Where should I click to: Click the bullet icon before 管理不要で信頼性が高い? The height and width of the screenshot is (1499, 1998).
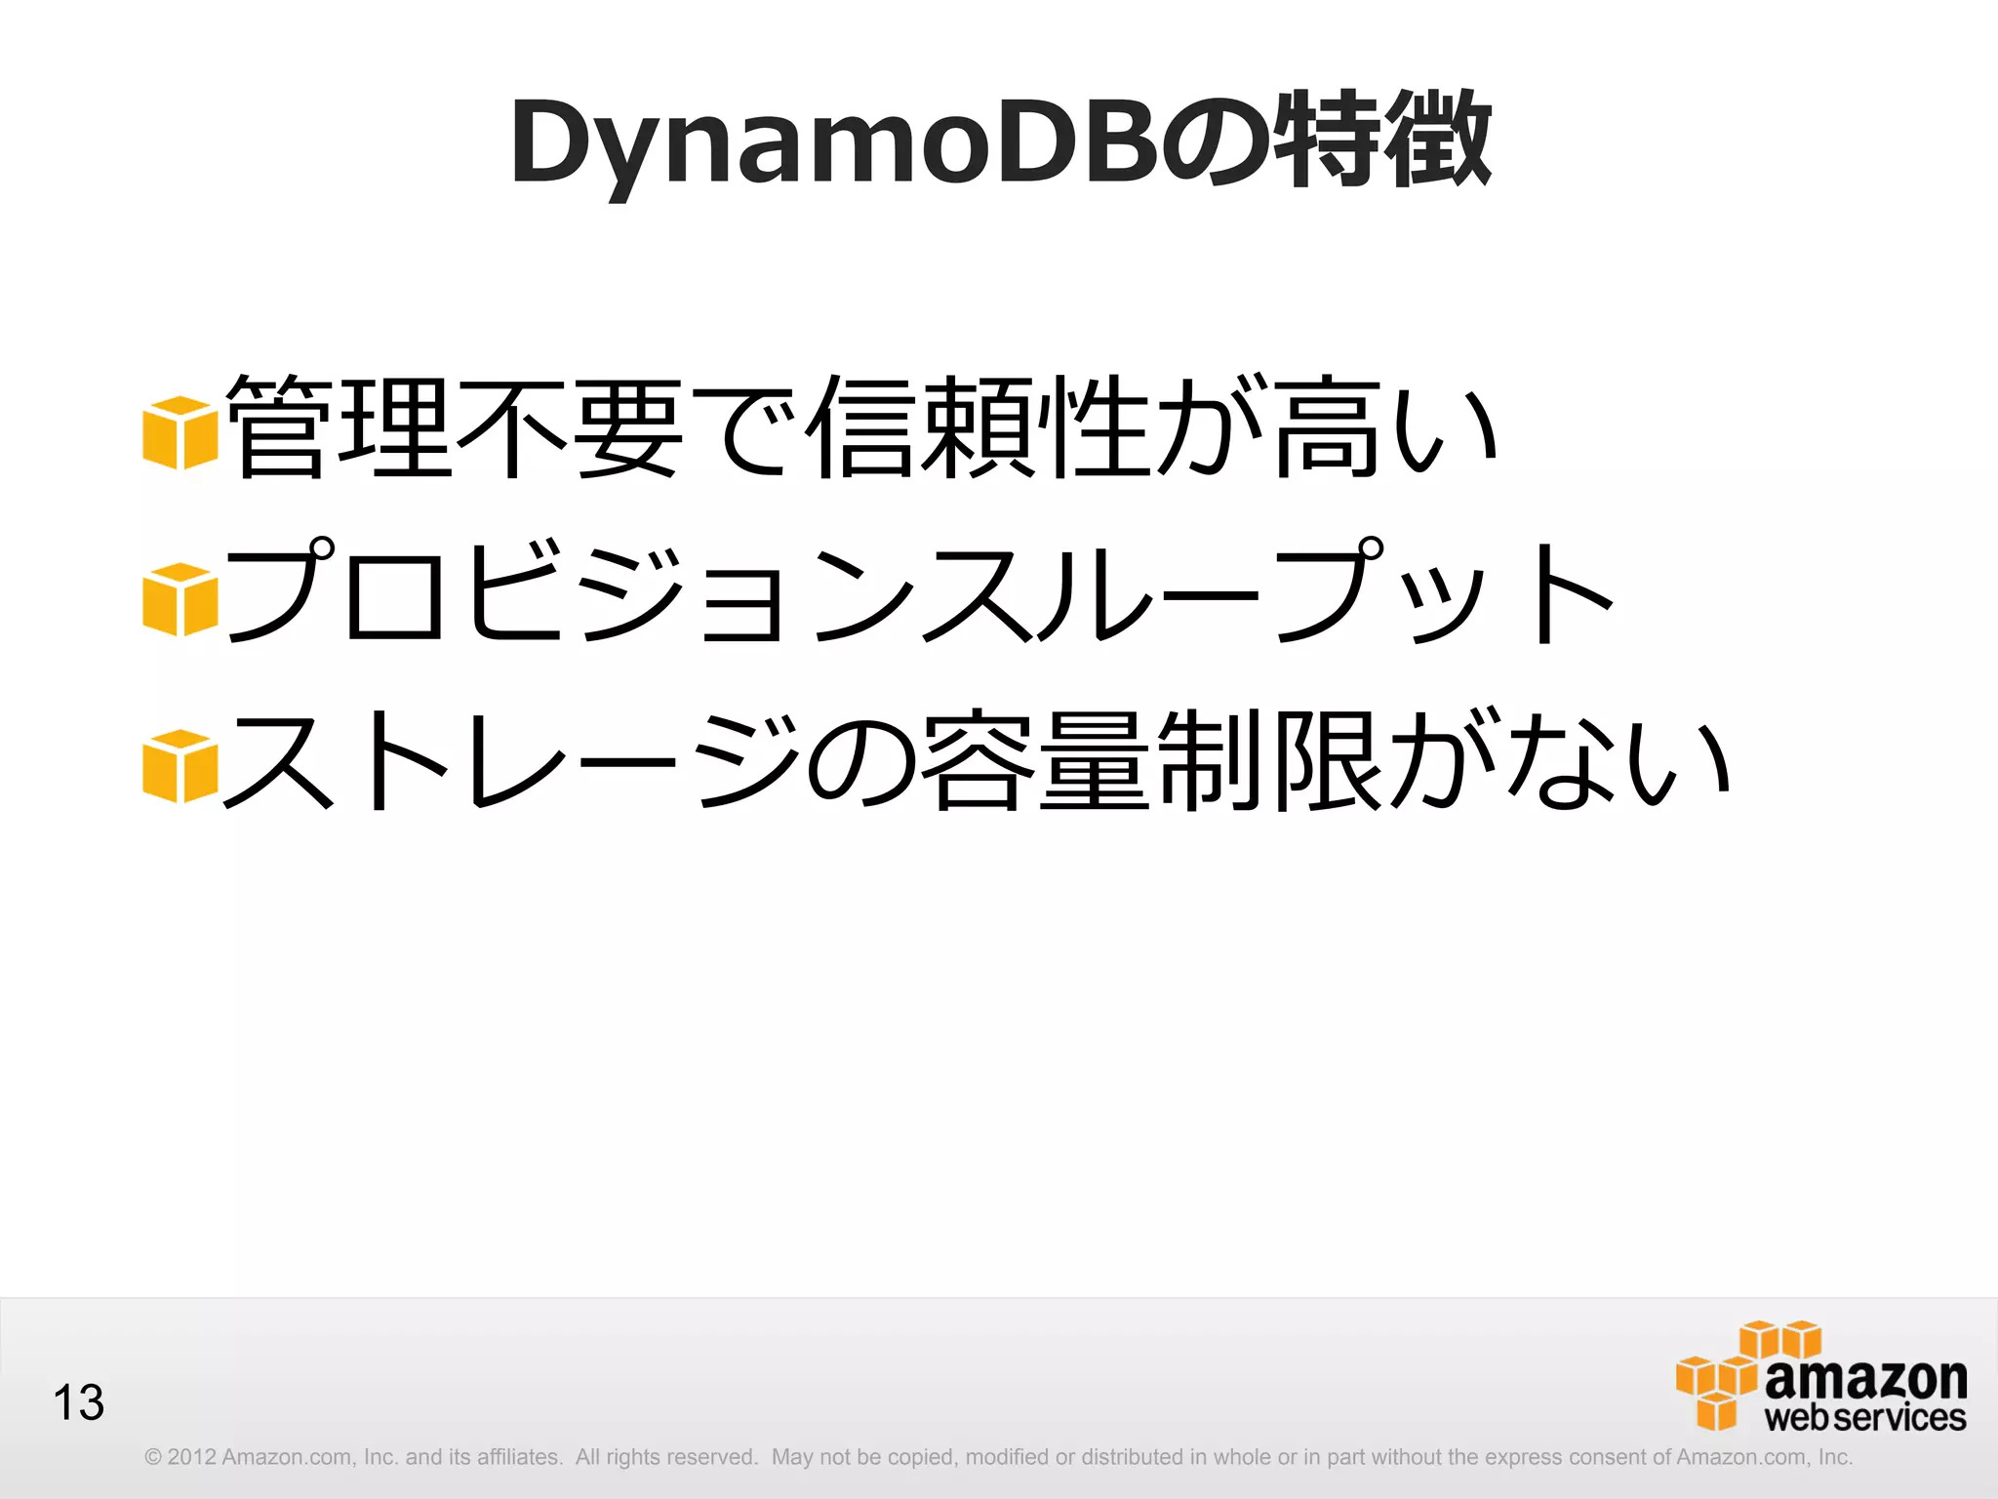[180, 432]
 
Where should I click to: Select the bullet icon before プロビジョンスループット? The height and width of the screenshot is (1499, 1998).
[180, 599]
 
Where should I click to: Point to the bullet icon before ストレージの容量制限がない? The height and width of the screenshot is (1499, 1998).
[180, 766]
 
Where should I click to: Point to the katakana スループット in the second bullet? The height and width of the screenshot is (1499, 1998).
[1268, 593]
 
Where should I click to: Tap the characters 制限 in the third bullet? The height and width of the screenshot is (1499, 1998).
[1268, 760]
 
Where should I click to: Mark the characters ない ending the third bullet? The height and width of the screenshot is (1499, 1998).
[1619, 760]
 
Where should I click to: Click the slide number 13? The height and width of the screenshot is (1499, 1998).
[78, 1402]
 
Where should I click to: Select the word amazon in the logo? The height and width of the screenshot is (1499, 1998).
[1865, 1378]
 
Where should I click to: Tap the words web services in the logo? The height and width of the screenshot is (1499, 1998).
[1865, 1418]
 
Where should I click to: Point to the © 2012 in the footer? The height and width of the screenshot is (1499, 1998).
[180, 1457]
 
